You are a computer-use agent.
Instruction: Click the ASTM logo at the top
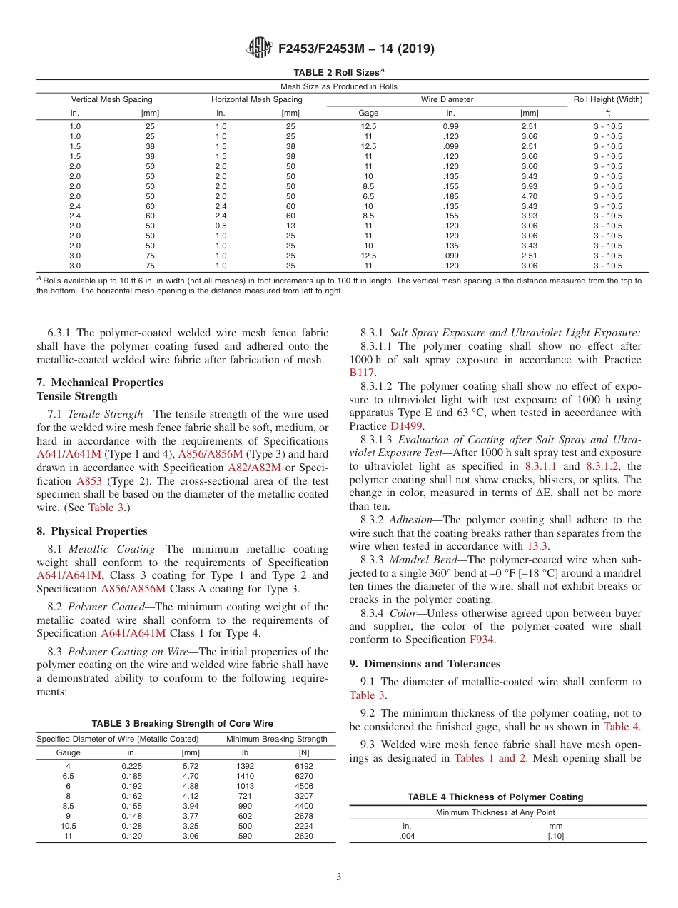(259, 49)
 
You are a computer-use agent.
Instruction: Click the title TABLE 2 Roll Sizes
(338, 72)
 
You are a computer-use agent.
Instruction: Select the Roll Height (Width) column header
(607, 99)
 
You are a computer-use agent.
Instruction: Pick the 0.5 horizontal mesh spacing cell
(221, 226)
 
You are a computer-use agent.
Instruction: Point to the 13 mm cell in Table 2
(290, 226)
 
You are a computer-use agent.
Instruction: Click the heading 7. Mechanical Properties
(100, 383)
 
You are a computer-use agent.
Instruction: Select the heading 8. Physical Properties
(92, 531)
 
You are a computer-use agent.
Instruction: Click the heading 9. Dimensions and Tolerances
(425, 664)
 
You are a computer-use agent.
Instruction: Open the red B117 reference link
(362, 373)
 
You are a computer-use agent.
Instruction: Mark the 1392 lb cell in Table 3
(244, 766)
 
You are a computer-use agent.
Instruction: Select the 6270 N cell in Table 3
(303, 776)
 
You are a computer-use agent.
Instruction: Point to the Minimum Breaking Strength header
(276, 739)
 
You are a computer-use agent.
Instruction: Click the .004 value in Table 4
(407, 837)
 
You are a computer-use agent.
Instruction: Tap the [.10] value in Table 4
(555, 837)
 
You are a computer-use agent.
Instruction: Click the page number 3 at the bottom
(338, 877)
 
